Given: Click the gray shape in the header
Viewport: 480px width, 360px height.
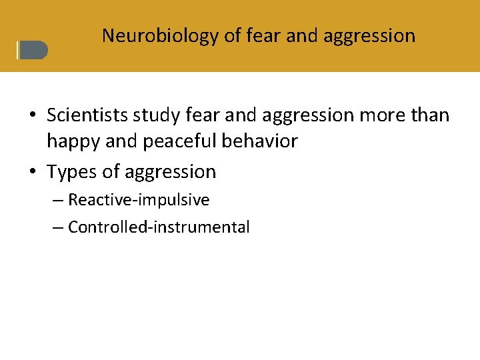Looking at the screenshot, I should pos(33,51).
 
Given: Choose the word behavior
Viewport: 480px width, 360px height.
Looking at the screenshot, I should pos(262,141).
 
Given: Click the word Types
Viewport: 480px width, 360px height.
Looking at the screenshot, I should pos(73,172).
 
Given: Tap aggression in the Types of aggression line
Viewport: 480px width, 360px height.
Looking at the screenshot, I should pos(170,172).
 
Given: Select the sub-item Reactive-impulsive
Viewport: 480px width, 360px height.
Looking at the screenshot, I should pos(139,200).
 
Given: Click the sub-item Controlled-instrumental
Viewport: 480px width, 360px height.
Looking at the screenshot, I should pos(159,227).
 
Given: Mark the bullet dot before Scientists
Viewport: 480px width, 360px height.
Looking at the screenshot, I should pos(32,116).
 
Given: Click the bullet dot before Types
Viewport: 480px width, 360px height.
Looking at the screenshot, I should pos(32,173).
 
